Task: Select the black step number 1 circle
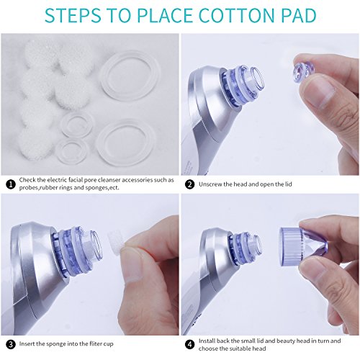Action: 11,184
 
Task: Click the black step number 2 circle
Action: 190,184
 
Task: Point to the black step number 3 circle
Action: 11,344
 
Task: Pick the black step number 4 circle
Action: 190,344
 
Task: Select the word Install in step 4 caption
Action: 206,341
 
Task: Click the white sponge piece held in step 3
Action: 117,240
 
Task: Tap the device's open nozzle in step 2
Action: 257,78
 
